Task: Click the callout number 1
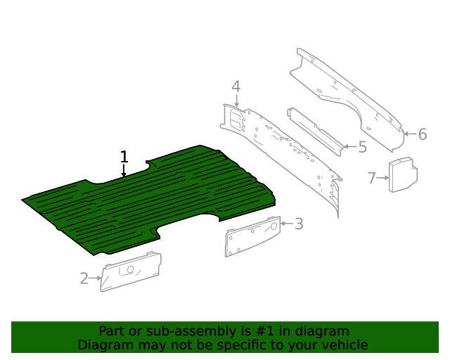pos(124,156)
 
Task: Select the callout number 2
pos(84,278)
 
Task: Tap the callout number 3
pos(299,224)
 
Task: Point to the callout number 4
pos(236,87)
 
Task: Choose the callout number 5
pos(362,148)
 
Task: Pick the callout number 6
pos(423,134)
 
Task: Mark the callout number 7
pos(372,178)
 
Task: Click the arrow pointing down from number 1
pos(124,172)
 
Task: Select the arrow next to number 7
pos(383,179)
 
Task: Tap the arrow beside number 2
pos(96,278)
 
